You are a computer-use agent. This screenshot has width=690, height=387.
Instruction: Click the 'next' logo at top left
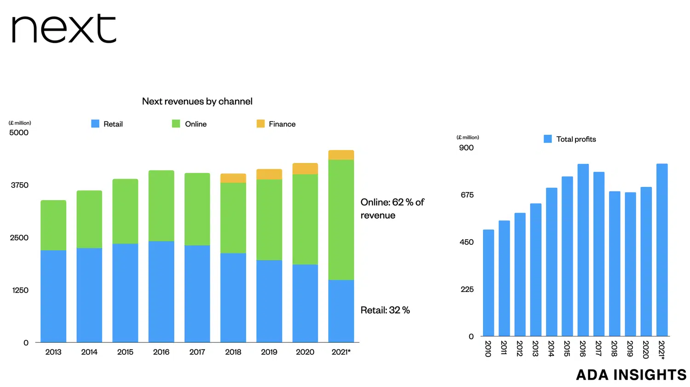point(63,29)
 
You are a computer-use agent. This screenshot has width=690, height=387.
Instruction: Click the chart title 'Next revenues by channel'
point(197,101)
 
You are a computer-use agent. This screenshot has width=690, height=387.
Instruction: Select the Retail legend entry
point(107,124)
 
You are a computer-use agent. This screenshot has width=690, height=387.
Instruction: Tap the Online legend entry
point(189,124)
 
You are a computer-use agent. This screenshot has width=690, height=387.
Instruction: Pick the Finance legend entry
point(276,124)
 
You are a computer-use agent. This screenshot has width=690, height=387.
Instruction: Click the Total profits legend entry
point(570,139)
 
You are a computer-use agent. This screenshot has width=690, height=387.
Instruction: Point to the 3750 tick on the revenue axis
point(20,185)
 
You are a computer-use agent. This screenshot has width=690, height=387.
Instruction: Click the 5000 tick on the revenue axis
point(19,133)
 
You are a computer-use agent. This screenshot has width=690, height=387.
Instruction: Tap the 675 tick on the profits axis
point(467,195)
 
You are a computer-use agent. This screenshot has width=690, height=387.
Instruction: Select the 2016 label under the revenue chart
point(161,352)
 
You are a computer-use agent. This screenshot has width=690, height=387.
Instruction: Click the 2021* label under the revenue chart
point(341,352)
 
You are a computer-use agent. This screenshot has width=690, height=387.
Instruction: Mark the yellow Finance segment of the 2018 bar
point(233,178)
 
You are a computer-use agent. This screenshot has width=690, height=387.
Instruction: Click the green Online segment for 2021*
point(341,219)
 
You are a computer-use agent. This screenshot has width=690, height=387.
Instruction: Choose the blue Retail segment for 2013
point(53,296)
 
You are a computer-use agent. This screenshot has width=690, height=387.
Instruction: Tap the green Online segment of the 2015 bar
point(125,211)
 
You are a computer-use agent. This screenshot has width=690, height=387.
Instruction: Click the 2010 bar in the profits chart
point(489,283)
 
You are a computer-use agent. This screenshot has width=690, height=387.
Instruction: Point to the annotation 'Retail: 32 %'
point(385,310)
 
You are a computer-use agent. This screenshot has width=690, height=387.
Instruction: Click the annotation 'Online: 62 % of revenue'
point(392,208)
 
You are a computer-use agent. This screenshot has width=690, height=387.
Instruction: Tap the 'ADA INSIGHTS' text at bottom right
point(631,375)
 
